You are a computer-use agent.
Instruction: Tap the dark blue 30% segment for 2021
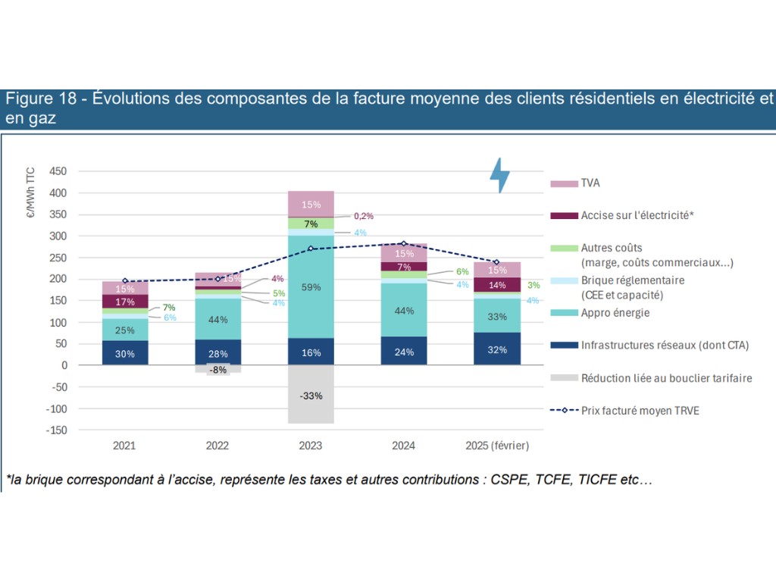[x=125, y=352]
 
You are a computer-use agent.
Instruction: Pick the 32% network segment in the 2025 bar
[x=496, y=349]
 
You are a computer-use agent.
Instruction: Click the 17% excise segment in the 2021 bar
[x=125, y=302]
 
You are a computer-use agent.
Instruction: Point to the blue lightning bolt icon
[x=499, y=175]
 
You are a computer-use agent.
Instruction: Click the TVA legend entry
[x=590, y=183]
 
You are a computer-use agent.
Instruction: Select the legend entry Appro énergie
[x=615, y=313]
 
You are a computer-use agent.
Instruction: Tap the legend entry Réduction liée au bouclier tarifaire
[x=666, y=378]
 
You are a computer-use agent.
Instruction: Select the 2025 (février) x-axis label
[x=496, y=445]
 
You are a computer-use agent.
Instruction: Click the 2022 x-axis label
[x=217, y=445]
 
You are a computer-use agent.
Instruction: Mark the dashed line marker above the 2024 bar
[x=404, y=244]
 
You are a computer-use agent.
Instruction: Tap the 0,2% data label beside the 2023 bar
[x=364, y=217]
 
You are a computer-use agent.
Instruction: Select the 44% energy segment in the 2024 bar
[x=404, y=310]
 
